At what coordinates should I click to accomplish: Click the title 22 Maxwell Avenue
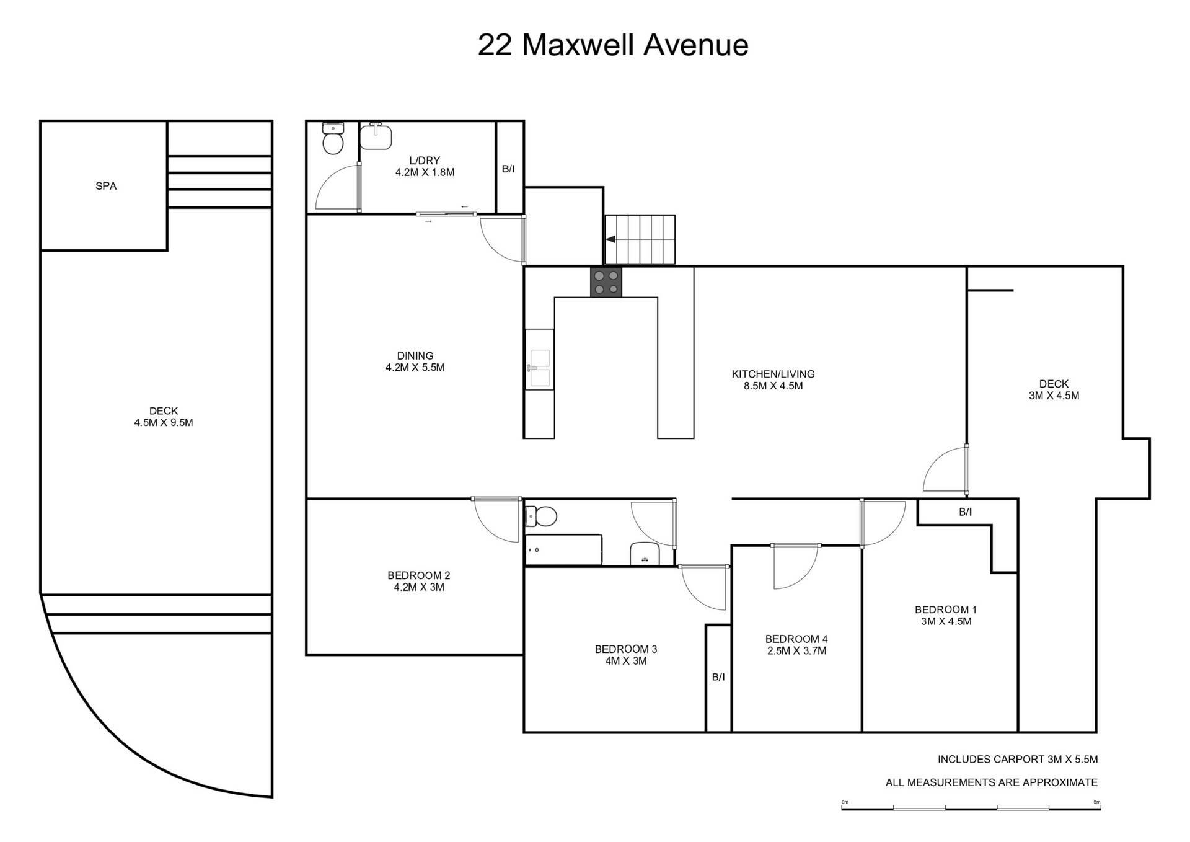(613, 45)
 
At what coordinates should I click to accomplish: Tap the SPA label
(106, 186)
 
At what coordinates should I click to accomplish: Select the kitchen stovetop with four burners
(606, 282)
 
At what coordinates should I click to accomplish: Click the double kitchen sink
(539, 368)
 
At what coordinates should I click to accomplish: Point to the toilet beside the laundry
(333, 138)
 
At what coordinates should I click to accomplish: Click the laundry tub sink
(376, 136)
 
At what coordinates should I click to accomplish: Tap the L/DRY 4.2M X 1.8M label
(425, 166)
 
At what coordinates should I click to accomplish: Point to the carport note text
(1017, 759)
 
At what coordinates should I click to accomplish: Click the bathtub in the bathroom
(563, 549)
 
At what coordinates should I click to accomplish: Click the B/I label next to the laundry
(508, 169)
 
